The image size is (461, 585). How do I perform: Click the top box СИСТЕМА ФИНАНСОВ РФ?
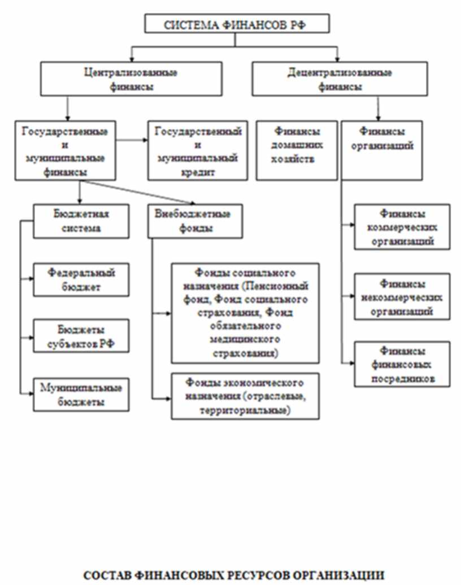[237, 25]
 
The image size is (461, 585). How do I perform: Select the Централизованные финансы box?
[131, 79]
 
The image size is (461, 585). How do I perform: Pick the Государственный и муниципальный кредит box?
[198, 150]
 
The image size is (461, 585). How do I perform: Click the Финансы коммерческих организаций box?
[402, 227]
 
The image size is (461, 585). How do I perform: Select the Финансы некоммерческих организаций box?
[402, 296]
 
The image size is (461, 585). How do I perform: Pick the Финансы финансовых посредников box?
[402, 364]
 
